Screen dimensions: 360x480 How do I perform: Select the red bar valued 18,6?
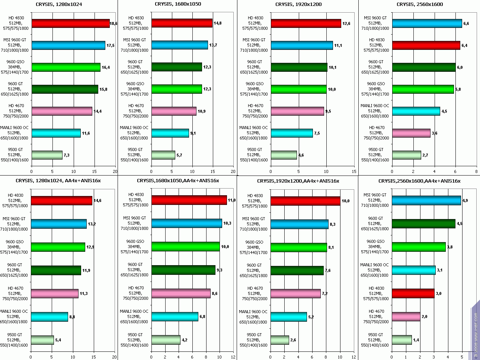[x=71, y=23]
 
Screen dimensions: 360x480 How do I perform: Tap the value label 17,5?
[x=111, y=45]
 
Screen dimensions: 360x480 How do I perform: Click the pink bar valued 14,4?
[x=62, y=111]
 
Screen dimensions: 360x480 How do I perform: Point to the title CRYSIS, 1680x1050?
[x=178, y=4]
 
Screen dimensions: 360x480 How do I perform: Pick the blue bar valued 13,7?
[x=179, y=45]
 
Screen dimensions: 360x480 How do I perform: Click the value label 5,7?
[x=179, y=155]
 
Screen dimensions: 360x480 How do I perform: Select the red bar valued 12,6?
[x=306, y=23]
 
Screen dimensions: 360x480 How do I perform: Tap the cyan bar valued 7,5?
[x=292, y=133]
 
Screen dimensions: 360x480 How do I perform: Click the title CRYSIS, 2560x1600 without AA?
[x=420, y=4]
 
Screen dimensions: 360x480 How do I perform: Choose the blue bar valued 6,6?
[x=427, y=23]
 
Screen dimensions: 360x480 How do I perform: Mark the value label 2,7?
[x=425, y=155]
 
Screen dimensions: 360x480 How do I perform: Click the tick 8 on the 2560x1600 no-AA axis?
[x=476, y=171]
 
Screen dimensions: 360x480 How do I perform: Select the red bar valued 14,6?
[x=62, y=201]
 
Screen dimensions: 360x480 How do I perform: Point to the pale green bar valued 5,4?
[x=42, y=340]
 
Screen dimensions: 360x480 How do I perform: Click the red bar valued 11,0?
[x=189, y=200]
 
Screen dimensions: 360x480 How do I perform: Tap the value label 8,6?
[x=215, y=294]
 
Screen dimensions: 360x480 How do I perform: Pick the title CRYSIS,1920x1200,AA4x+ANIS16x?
[x=298, y=181]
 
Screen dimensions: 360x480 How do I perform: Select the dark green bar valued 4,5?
[x=423, y=224]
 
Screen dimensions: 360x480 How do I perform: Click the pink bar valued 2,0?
[x=406, y=316]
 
